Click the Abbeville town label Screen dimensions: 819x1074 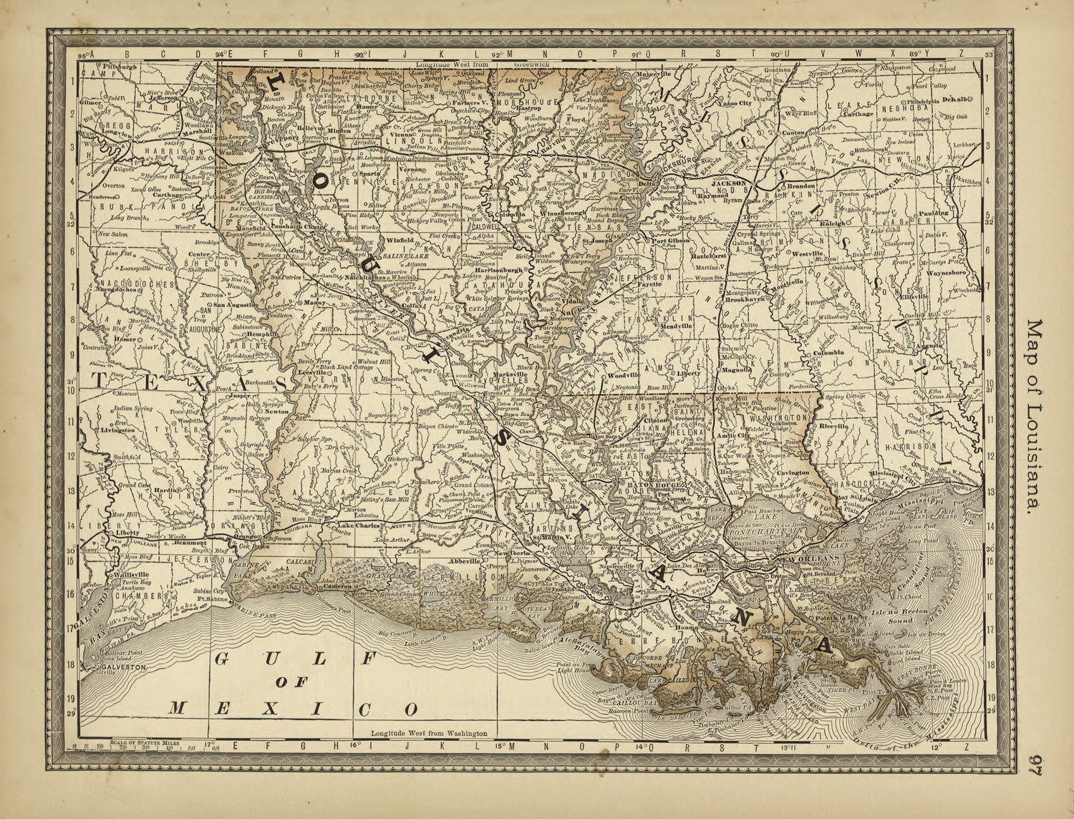point(463,561)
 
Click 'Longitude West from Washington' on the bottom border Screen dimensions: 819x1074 point(430,734)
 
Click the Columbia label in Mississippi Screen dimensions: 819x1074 point(828,353)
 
